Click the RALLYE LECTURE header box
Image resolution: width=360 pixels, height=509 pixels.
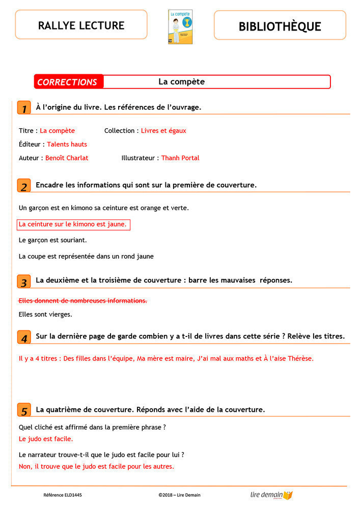coord(81,24)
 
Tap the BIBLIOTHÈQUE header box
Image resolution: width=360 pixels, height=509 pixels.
coord(280,25)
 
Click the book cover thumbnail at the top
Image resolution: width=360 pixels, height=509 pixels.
coord(180,26)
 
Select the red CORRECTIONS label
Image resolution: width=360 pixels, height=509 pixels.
coord(68,82)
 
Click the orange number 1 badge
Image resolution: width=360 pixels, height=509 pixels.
coord(24,108)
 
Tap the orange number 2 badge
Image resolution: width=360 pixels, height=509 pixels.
coord(24,186)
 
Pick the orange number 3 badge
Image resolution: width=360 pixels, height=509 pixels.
coord(24,281)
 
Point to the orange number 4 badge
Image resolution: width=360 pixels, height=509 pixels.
coord(24,337)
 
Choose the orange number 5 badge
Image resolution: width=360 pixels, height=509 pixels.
coord(24,410)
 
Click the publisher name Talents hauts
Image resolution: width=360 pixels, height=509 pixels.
coord(67,145)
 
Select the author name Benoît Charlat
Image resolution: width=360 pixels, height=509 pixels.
coord(67,158)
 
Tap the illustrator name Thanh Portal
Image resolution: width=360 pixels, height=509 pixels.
coord(180,158)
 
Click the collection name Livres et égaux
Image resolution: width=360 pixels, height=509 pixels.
coord(163,131)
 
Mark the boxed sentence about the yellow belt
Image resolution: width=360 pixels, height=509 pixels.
coord(73,224)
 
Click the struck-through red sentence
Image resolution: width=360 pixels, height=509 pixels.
coord(82,301)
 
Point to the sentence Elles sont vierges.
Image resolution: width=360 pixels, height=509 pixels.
coord(45,315)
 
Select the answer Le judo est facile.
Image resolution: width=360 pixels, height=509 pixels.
coord(46,439)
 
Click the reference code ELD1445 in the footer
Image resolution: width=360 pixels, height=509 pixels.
coord(63,495)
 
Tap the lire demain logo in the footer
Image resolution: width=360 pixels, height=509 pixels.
coord(271,495)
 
